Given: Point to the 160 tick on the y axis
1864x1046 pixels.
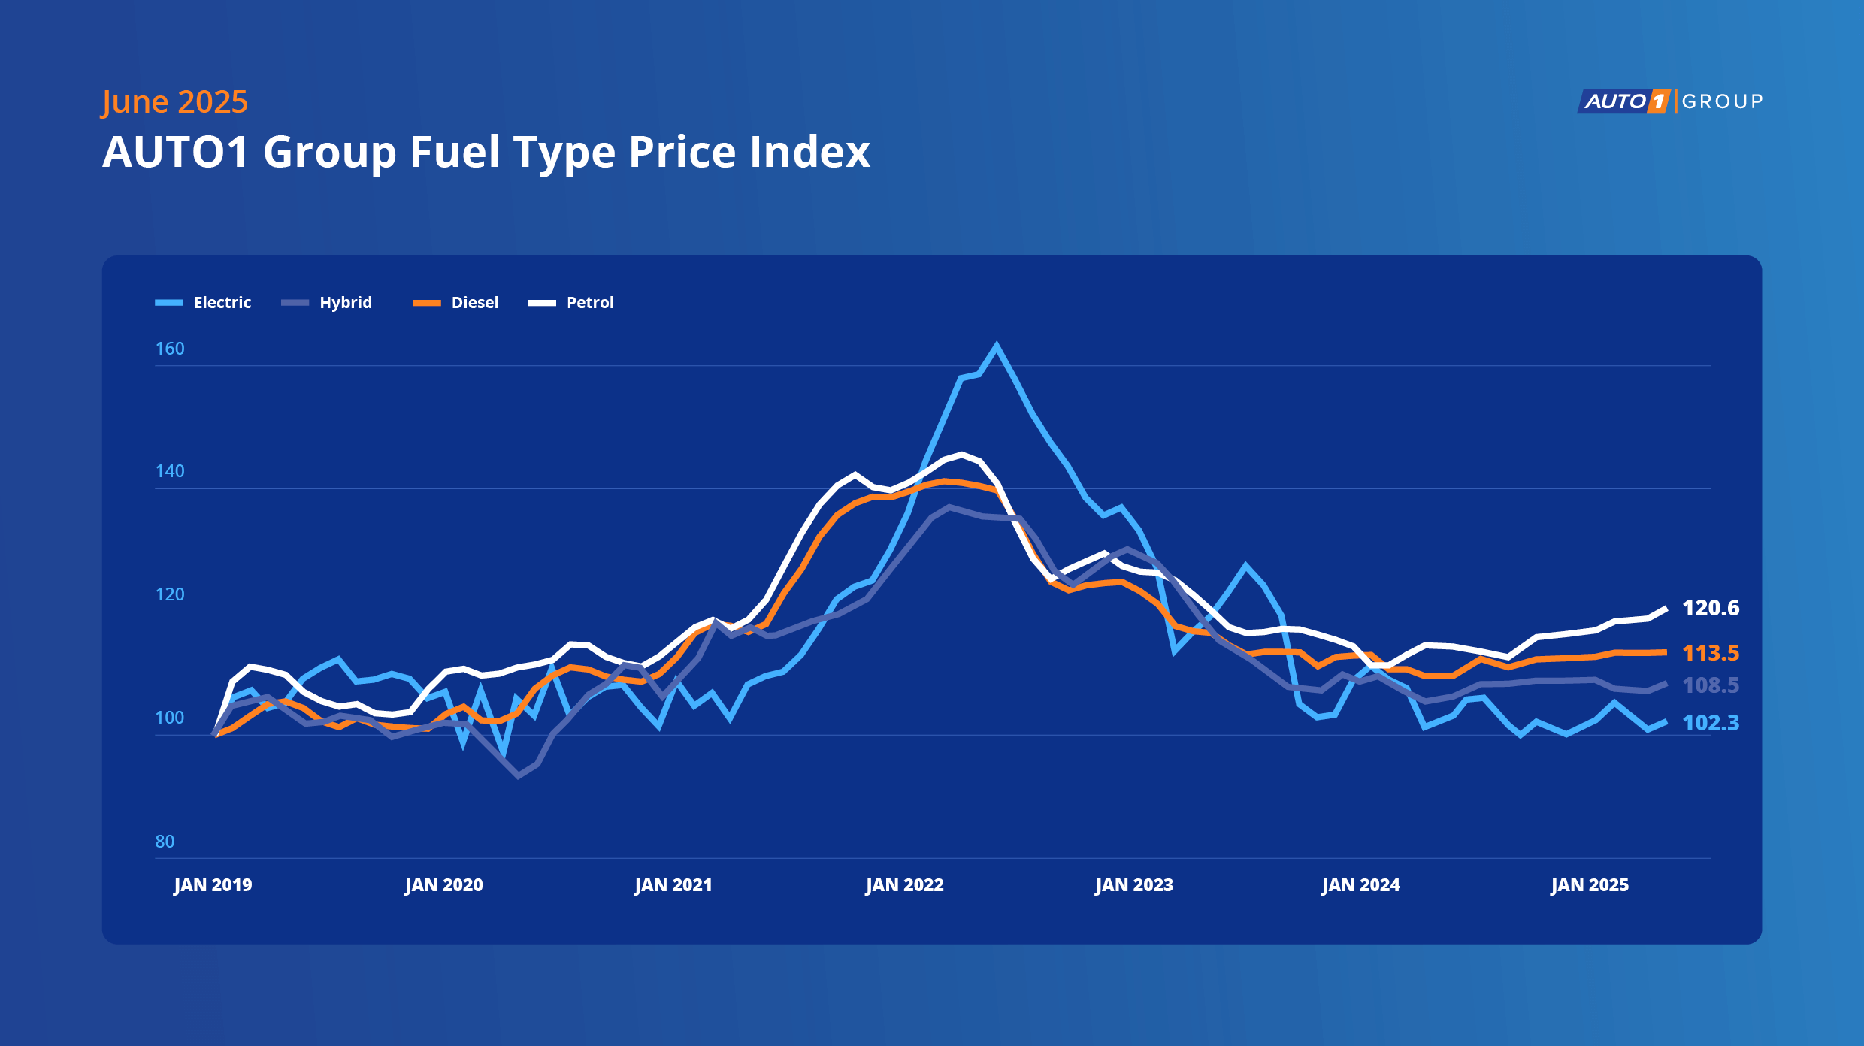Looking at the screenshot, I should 170,349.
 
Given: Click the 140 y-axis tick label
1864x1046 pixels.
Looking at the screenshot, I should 170,471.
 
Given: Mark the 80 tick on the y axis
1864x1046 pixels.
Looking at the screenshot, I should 165,842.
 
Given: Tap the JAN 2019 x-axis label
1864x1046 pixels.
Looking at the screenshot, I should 213,885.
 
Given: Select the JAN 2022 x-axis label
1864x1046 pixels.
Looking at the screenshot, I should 904,885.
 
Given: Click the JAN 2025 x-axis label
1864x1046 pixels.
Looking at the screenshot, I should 1590,885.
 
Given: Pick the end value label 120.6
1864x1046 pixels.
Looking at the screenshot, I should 1711,608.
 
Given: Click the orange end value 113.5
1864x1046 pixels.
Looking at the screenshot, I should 1711,653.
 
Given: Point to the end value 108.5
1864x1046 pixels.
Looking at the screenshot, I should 1711,685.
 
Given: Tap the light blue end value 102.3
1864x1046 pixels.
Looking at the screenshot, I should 1711,723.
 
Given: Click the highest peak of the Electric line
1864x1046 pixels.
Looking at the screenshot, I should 997,346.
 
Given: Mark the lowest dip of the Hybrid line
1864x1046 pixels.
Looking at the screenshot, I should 518,775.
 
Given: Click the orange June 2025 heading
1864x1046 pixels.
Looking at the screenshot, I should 175,102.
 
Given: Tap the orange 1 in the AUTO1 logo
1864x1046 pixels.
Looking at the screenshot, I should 1658,101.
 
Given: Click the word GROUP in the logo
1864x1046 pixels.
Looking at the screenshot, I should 1722,101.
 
